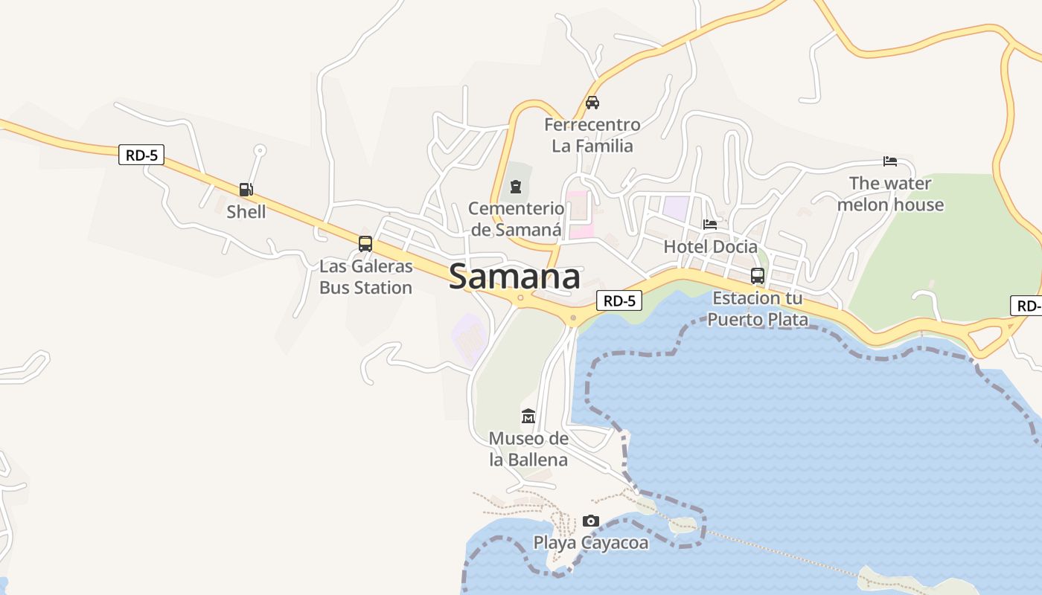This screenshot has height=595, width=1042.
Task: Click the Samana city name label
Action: [514, 277]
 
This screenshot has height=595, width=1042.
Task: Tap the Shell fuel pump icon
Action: [246, 190]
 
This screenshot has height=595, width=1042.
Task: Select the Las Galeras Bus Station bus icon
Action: [365, 243]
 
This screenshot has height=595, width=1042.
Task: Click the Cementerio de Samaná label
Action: [516, 219]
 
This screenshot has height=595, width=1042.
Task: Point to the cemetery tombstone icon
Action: [515, 186]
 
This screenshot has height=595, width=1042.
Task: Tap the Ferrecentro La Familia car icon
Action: [592, 103]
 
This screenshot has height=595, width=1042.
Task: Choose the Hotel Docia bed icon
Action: [710, 224]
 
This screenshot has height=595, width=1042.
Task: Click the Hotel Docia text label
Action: [710, 246]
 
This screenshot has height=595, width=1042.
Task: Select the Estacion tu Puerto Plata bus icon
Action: [758, 275]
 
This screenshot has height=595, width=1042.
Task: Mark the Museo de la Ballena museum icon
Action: [528, 416]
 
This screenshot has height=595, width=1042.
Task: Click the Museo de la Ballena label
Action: [528, 448]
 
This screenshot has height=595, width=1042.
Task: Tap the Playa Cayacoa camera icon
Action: [591, 521]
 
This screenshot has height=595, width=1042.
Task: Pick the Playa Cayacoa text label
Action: [591, 543]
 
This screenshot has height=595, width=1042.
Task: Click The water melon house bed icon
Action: [890, 161]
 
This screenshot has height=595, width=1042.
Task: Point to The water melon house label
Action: [890, 193]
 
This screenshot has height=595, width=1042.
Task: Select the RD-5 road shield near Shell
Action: [141, 155]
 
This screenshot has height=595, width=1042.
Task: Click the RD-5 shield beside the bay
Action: [619, 300]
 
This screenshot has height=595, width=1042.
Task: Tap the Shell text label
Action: [246, 211]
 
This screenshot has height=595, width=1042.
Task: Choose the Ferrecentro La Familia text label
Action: [592, 135]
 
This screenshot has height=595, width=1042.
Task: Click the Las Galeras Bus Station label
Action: [365, 277]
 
